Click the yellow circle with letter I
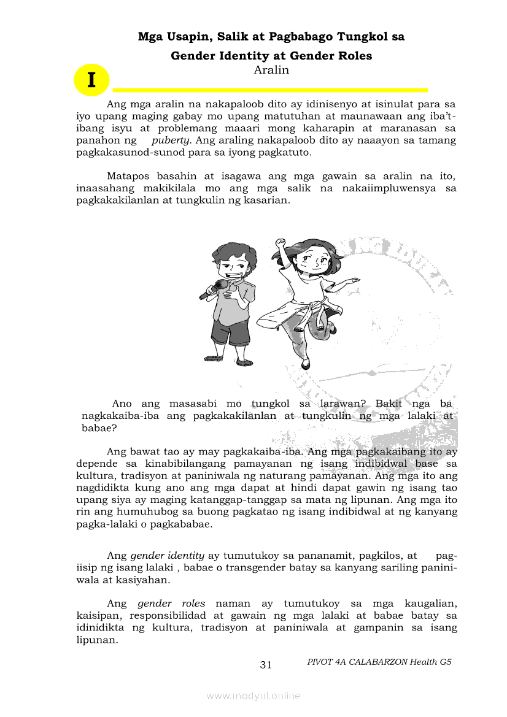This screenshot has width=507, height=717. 91,80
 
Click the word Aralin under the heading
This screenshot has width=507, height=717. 271,70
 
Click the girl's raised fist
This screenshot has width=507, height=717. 281,242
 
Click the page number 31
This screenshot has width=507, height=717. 266,665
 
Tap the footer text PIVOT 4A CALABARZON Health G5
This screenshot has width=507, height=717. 379,662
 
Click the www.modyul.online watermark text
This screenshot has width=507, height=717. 253,696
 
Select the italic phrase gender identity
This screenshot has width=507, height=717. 167,556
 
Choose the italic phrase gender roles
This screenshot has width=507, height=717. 171,604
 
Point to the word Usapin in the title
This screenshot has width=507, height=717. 184,37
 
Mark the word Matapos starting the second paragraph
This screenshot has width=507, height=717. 127,177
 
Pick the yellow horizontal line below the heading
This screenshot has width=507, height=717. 270,90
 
